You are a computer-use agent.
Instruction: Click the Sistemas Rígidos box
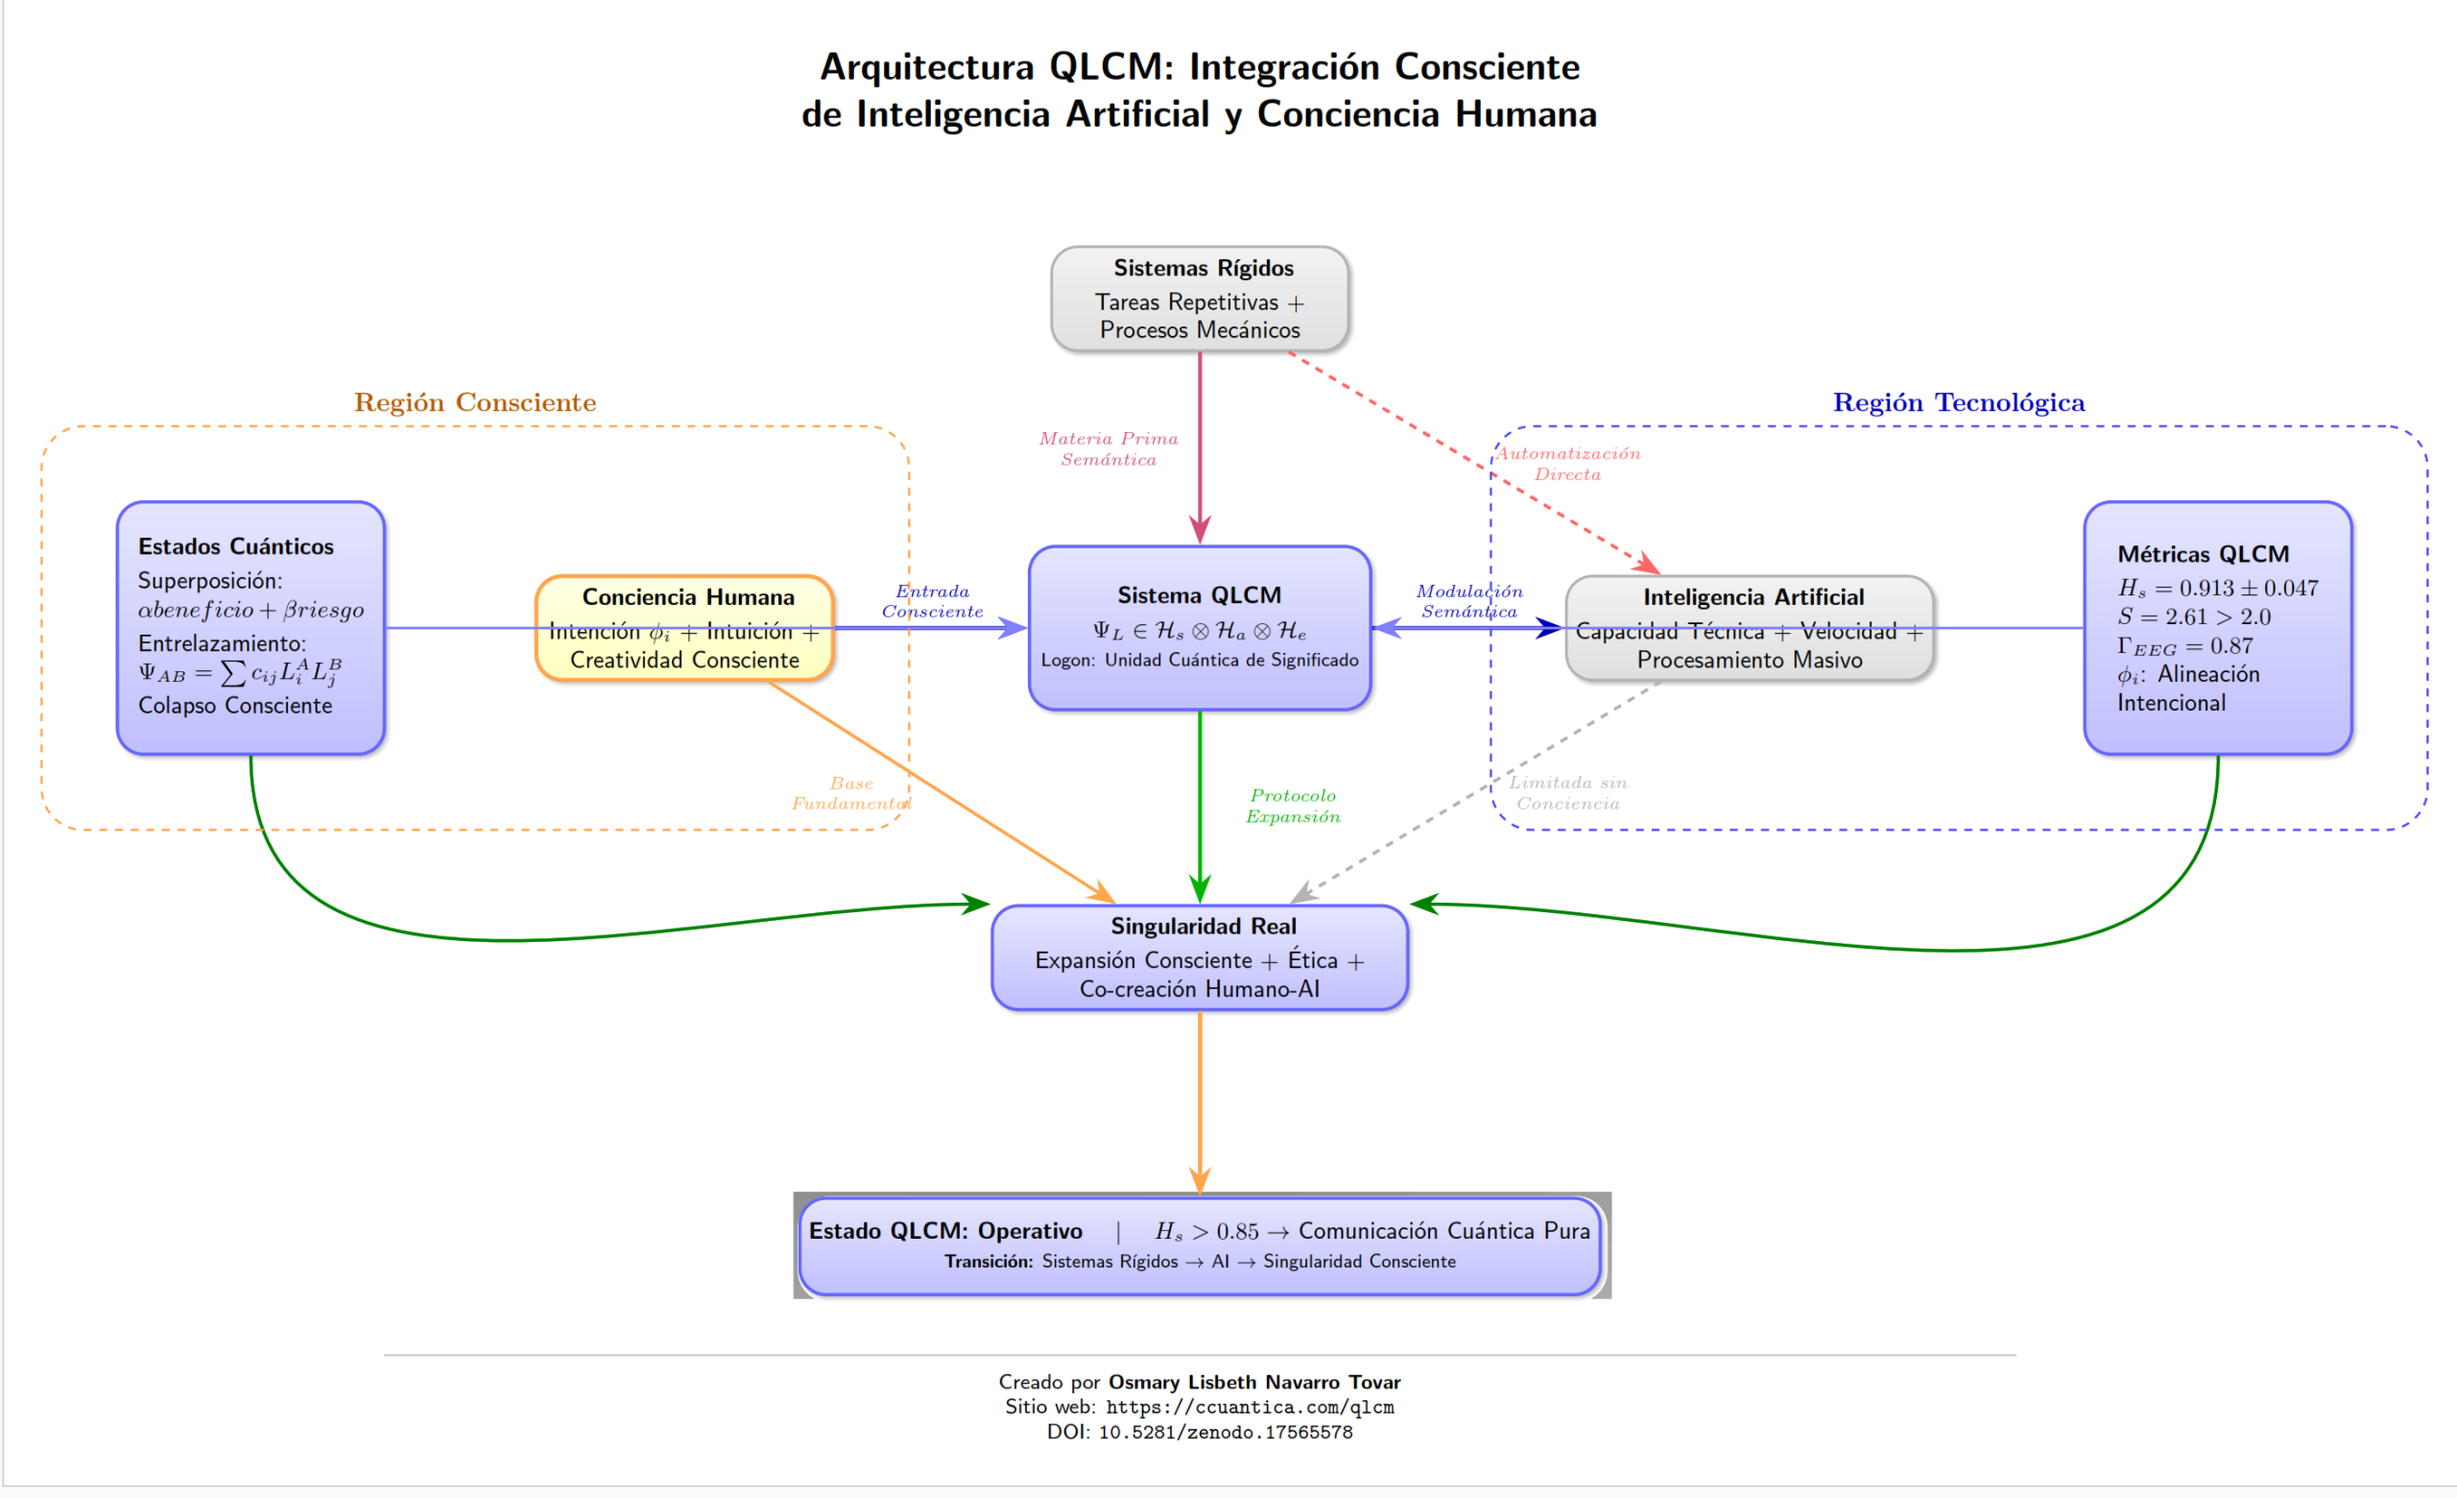[1200, 300]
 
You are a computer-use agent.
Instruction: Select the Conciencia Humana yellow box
[684, 628]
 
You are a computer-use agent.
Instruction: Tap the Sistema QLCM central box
[1200, 628]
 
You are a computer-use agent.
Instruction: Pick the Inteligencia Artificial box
[1750, 628]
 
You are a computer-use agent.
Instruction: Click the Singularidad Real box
[1200, 957]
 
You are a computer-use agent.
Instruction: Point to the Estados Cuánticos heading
[235, 546]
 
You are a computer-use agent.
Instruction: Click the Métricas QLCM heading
[2203, 554]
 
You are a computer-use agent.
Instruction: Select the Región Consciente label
[475, 402]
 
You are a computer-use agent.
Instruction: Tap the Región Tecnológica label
[1959, 402]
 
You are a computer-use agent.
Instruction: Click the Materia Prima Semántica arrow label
[1109, 448]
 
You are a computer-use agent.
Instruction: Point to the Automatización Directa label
[1567, 464]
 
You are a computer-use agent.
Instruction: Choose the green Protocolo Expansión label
[1292, 806]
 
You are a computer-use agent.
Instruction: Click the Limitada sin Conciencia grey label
[1567, 793]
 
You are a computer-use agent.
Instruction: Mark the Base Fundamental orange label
[850, 794]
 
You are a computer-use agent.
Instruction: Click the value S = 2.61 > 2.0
[2194, 616]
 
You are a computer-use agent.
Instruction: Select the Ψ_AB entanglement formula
[239, 673]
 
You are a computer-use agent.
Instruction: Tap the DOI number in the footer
[1226, 1432]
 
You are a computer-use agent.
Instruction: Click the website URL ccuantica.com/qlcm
[1250, 1407]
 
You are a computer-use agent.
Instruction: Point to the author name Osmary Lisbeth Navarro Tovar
[1254, 1383]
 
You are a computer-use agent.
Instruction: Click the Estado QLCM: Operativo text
[945, 1231]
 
